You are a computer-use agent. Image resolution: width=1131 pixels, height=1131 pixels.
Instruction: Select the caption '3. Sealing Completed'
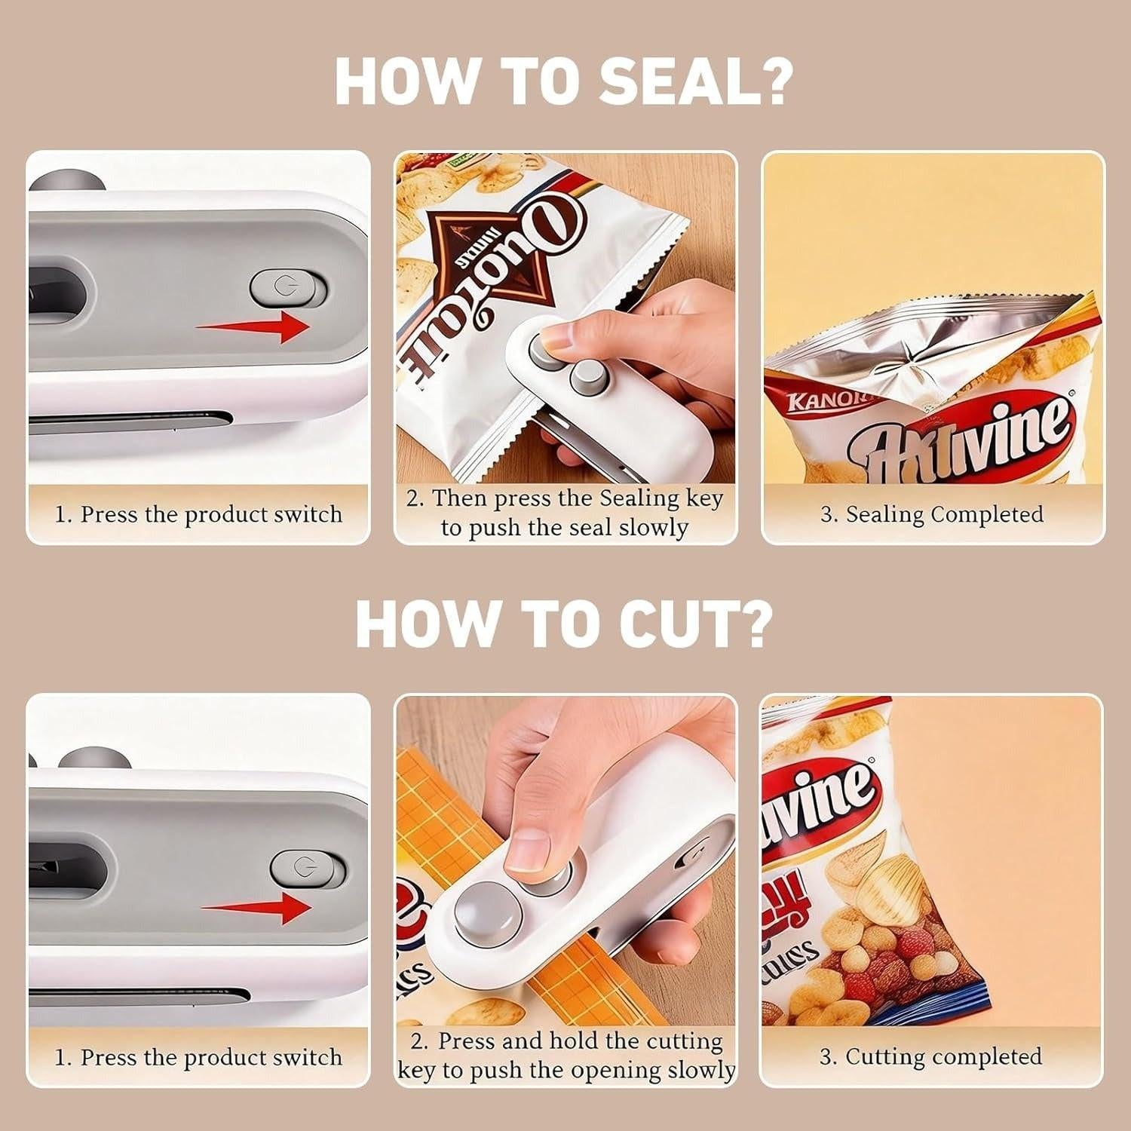[x=932, y=514]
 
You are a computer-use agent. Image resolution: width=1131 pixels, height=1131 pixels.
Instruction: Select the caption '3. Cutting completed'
[x=930, y=1057]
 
